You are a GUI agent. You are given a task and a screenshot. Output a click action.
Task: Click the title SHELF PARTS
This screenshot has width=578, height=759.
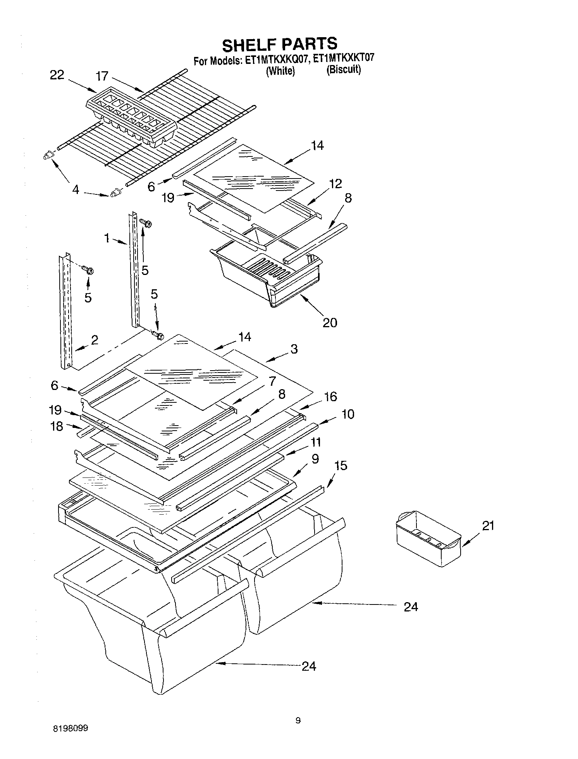pos(280,44)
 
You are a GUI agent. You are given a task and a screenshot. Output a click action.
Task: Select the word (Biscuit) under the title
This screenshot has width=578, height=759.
pos(344,70)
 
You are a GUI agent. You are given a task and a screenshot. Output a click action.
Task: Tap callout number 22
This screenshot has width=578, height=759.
pos(57,75)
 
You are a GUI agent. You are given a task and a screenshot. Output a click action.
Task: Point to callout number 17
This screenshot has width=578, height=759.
pos(102,76)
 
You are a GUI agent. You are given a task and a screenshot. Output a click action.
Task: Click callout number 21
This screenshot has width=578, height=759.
pos(488,525)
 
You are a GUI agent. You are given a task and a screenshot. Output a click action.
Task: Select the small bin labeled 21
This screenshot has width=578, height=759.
pos(428,538)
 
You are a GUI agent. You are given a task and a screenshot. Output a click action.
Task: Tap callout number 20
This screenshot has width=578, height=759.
pos(330,322)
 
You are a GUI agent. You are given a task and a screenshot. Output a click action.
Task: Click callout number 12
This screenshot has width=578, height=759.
pos(335,184)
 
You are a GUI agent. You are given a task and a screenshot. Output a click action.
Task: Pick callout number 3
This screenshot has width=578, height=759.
pos(294,349)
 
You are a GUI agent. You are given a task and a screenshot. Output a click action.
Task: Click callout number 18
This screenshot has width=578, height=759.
pos(57,426)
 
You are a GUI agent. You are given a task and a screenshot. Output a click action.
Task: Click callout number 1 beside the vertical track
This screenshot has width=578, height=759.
pos(107,238)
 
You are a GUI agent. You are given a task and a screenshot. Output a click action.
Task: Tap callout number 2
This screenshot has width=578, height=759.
pos(94,340)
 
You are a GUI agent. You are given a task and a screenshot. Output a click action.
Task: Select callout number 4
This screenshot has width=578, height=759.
pos(76,190)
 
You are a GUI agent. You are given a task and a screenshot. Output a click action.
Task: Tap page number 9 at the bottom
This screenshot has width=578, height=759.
pos(298,721)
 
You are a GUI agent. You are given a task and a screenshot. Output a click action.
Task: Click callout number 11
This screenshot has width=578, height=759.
pos(316,442)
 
